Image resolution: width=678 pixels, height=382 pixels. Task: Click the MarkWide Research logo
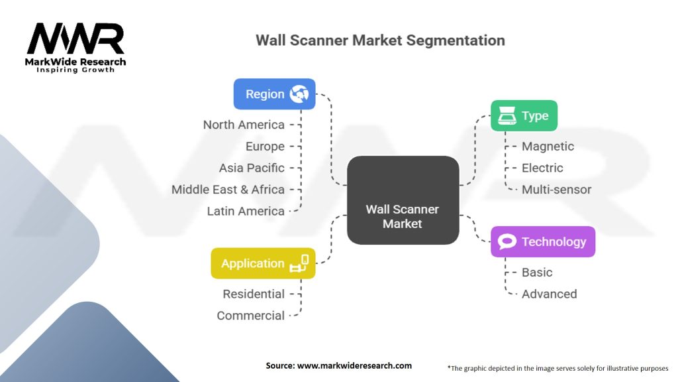[x=76, y=46]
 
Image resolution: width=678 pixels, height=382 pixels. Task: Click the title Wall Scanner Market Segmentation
[x=380, y=40]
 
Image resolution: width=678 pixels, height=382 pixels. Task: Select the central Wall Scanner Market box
[x=403, y=217]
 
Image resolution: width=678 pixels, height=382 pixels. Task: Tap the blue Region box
[x=274, y=94]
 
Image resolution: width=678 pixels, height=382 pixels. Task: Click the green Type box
[x=524, y=116]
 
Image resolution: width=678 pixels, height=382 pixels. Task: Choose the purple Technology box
[x=543, y=241]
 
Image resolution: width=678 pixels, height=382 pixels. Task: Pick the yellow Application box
[x=263, y=263]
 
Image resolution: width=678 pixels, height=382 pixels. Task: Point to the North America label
[x=244, y=125]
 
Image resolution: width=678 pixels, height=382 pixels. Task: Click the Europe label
[x=265, y=147]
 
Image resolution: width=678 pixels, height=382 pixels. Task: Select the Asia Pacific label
[x=252, y=168]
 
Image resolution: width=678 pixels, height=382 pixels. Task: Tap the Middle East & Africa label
[x=228, y=190]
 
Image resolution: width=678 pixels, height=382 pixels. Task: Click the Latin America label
[x=246, y=211]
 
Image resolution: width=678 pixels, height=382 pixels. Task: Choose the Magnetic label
[x=548, y=147]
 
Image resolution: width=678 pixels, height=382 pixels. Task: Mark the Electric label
[x=542, y=168]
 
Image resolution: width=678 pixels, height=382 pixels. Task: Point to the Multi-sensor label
[x=556, y=190]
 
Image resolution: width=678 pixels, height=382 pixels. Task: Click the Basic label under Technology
[x=536, y=273]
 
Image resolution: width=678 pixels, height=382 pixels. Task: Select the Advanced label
[x=549, y=294]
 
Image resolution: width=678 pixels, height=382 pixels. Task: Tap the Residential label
[x=254, y=294]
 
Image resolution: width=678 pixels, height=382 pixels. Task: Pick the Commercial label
[x=251, y=316]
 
